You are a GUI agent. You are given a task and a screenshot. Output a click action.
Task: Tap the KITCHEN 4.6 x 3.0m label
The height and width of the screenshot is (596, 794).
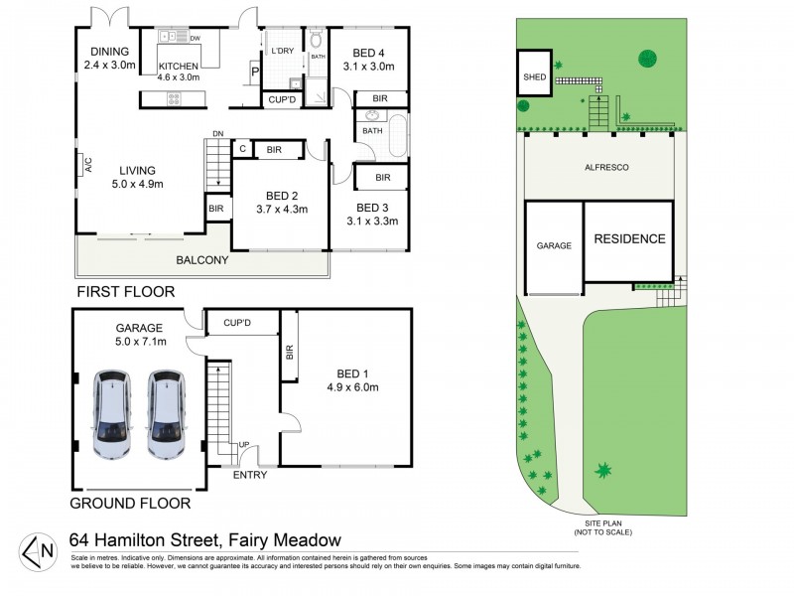click(179, 72)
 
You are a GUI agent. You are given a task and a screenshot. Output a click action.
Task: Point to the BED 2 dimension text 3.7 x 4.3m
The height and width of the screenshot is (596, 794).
click(280, 209)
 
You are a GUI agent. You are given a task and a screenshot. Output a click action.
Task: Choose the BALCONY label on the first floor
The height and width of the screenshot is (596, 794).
click(202, 260)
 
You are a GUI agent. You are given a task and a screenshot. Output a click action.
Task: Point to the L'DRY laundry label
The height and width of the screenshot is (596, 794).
click(281, 50)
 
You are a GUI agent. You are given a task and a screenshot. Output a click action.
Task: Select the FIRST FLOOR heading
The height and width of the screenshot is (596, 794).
click(125, 292)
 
